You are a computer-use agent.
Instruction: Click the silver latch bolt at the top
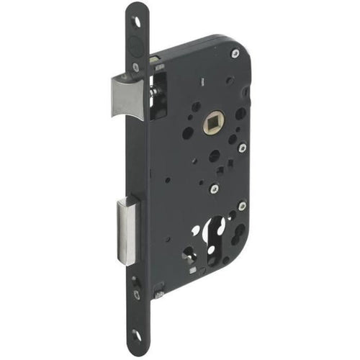coord(129,97)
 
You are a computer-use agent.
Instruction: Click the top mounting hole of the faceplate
coord(137,22)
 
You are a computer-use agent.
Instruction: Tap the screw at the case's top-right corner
coord(235,53)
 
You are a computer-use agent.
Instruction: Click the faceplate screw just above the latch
coord(136,67)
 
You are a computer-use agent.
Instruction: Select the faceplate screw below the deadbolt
coord(136,293)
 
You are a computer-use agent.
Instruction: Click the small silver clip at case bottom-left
coord(158,294)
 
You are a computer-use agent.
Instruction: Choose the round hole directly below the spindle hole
coord(214,155)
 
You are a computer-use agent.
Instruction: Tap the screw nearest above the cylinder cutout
coord(214,189)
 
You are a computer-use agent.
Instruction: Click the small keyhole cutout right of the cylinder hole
coord(240,232)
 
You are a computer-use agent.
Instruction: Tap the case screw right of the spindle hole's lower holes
coord(242,148)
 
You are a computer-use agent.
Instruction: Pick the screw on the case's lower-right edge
coord(242,206)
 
